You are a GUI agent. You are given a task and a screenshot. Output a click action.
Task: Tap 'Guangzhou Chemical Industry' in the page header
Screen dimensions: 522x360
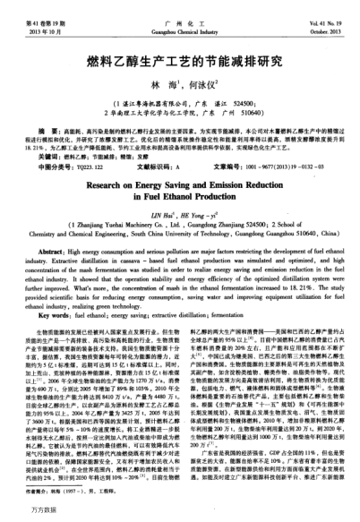point(178,17)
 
